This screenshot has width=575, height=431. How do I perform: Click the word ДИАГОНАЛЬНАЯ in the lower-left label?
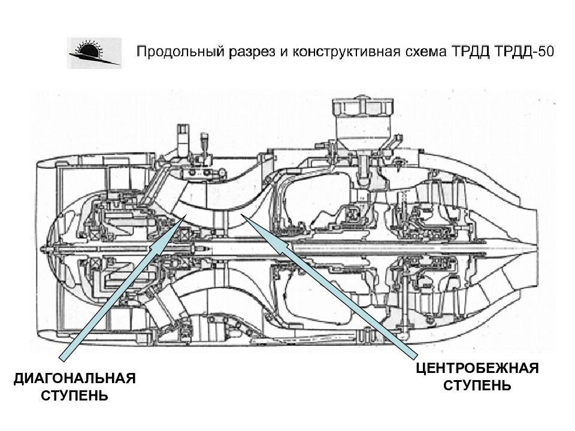(75, 380)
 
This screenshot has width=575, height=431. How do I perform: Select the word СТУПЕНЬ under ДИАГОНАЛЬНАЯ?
(75, 396)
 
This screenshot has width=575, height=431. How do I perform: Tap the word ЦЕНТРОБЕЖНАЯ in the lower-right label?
(477, 368)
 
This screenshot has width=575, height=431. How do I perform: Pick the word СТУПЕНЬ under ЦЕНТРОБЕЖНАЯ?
(477, 385)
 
